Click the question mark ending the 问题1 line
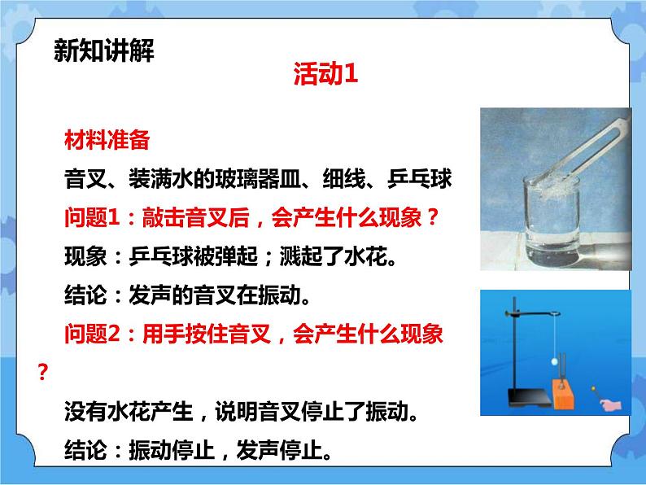pyautogui.click(x=434, y=217)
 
